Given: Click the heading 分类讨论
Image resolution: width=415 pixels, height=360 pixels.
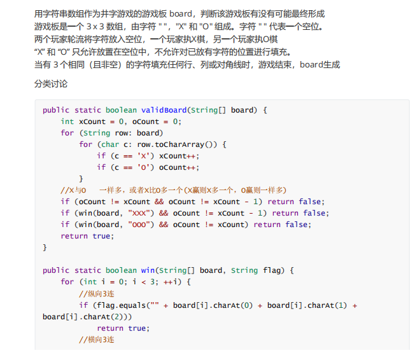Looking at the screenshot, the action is click(x=50, y=83).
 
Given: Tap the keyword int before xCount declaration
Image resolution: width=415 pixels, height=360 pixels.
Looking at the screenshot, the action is click(x=67, y=121).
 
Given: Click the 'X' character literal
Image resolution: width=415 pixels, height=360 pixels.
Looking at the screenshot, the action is click(x=145, y=156).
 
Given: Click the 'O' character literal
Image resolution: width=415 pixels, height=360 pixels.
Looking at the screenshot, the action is click(x=145, y=167).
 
